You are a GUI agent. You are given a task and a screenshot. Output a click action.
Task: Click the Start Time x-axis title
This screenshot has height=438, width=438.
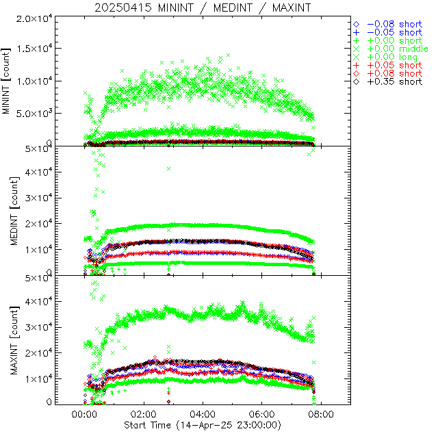[x=203, y=424]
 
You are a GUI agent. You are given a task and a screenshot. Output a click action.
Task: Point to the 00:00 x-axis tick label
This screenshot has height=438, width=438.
[x=84, y=414]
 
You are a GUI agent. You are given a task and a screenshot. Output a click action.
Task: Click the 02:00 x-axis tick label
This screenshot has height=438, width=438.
[x=144, y=414]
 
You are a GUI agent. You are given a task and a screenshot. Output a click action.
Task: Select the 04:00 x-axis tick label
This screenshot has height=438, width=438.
[x=203, y=414]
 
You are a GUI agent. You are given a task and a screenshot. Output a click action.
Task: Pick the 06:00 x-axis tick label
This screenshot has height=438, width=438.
[x=262, y=414]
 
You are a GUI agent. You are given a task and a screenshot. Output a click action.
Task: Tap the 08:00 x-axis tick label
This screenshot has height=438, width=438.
[x=322, y=414]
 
